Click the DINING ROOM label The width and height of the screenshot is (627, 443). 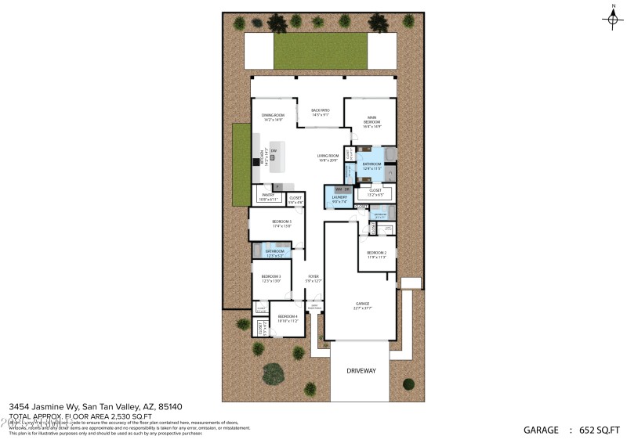coord(273,117)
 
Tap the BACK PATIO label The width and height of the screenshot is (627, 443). coord(320,112)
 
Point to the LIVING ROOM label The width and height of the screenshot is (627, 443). coord(328,157)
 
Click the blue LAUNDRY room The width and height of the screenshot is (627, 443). coord(339,200)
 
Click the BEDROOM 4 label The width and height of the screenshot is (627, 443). coord(288,318)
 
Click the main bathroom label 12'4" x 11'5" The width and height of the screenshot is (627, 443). coord(371,166)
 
